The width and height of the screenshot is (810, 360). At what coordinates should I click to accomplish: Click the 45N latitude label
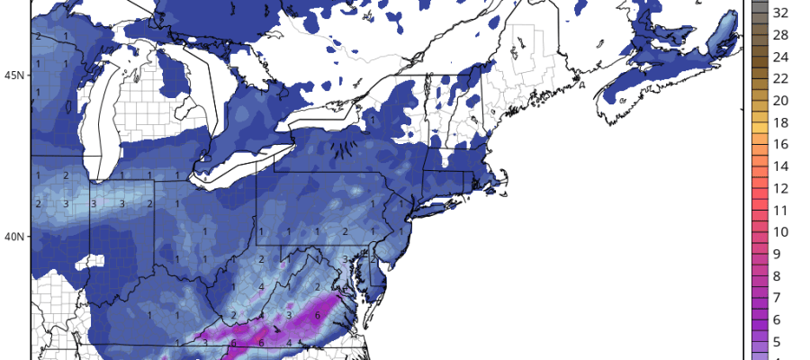(16, 75)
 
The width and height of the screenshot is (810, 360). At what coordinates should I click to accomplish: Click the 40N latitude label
(16, 237)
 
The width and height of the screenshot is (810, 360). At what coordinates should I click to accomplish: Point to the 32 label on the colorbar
(781, 13)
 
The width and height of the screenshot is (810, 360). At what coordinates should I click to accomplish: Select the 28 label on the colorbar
(781, 35)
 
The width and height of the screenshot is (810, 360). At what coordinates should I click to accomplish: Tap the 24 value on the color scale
(781, 57)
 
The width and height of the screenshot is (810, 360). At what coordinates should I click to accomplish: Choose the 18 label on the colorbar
(781, 122)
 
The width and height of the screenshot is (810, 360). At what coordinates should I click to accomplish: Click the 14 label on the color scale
(781, 166)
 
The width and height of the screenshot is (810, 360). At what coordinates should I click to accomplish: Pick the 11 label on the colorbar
(781, 210)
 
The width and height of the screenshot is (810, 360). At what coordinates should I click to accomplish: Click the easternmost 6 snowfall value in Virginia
(319, 316)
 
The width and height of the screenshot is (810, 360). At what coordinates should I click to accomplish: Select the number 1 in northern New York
(371, 118)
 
